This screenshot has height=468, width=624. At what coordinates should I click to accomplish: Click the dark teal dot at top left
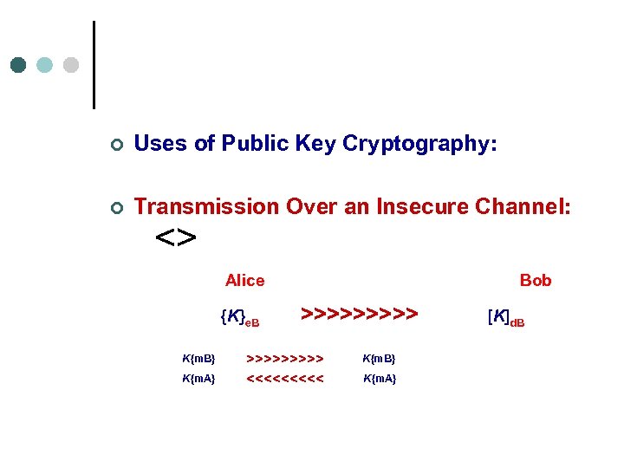[18, 65]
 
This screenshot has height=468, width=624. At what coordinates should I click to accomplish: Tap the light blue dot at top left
[45, 65]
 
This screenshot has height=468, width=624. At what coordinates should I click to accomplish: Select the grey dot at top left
[71, 65]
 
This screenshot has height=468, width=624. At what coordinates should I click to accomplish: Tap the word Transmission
[206, 207]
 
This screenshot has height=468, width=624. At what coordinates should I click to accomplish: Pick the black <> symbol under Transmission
[176, 237]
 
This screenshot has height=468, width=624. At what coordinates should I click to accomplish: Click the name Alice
[244, 280]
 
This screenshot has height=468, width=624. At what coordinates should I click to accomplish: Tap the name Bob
[536, 280]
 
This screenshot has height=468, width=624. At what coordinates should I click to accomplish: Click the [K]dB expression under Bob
[506, 318]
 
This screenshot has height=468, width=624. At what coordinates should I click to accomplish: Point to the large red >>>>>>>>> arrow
[360, 312]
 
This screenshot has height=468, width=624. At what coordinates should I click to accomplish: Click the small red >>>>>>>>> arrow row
[285, 358]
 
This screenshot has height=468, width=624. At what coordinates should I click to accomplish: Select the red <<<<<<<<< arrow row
[285, 379]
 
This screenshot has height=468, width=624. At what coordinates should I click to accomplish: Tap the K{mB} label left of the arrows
[198, 358]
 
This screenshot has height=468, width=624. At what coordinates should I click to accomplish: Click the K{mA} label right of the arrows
[380, 379]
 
